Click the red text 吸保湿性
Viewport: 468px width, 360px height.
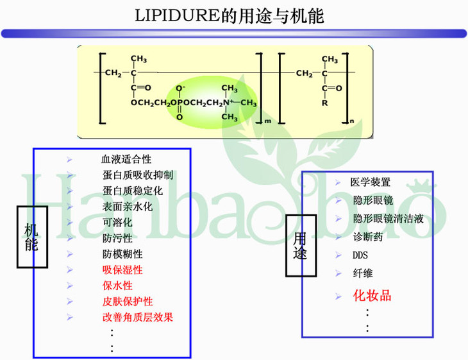122,270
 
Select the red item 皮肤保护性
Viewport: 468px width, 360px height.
127,301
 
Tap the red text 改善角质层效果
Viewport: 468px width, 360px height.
137,317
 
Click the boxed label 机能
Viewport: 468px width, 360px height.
31,237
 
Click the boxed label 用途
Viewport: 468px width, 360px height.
300,245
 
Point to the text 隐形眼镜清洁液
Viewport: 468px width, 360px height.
388,218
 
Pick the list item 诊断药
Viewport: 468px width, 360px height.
368,236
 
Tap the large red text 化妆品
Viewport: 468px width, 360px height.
372,295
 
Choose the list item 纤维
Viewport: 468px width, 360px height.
362,273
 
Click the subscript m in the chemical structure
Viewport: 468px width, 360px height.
267,121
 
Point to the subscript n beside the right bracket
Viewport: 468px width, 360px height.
351,121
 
